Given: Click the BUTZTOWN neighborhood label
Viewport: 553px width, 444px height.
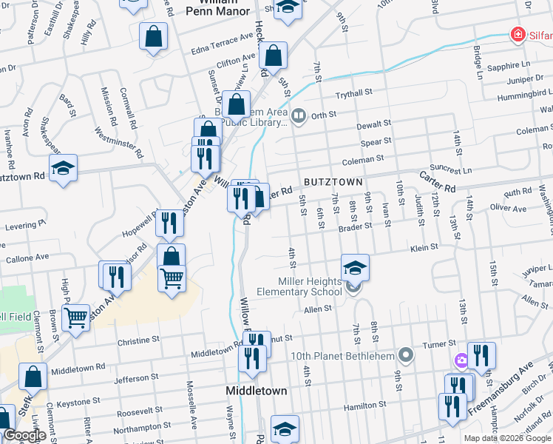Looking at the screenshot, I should pyautogui.click(x=333, y=182).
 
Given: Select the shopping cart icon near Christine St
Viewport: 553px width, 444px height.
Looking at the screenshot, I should pyautogui.click(x=76, y=318).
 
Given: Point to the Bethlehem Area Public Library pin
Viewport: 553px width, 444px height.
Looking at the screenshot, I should pyautogui.click(x=299, y=115).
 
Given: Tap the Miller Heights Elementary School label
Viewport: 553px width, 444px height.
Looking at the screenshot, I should pyautogui.click(x=299, y=286).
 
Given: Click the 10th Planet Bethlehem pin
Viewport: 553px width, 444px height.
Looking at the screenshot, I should pyautogui.click(x=404, y=354).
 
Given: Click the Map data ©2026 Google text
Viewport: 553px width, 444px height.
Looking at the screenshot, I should pyautogui.click(x=507, y=438).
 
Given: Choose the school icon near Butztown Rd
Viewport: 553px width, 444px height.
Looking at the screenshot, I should pyautogui.click(x=64, y=168).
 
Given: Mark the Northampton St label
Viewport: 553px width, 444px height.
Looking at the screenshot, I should pyautogui.click(x=147, y=426).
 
